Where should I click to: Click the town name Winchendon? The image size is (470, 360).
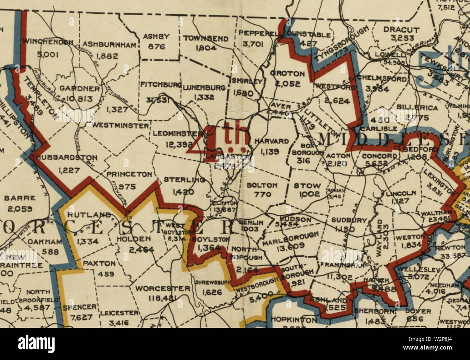(47, 42)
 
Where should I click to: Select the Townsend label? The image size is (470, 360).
(206, 38)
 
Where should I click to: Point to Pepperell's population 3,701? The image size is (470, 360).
(253, 44)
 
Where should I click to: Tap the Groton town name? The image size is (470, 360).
(287, 73)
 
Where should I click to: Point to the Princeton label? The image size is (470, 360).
(129, 174)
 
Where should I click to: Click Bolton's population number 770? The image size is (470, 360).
(262, 194)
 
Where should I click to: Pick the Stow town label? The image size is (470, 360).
(307, 186)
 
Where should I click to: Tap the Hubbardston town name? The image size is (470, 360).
(67, 158)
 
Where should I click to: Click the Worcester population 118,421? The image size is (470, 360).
(162, 298)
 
